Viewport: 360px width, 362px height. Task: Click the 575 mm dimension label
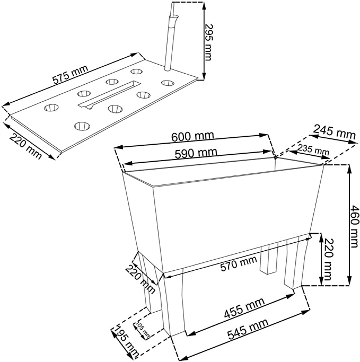70,74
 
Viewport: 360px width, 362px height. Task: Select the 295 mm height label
208,42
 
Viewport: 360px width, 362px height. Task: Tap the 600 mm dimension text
192,136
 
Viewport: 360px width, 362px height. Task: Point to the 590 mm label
196,154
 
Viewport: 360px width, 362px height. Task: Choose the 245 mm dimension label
334,132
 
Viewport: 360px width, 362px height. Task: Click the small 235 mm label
313,149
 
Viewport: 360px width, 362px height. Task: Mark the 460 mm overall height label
354,226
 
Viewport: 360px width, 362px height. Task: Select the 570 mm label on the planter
239,263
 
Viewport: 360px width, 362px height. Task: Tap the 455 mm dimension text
244,308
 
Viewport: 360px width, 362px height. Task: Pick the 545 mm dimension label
248,329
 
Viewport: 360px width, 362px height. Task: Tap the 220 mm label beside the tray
25,146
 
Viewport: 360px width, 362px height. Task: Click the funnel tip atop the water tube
174,17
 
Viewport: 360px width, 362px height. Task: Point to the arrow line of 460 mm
349,225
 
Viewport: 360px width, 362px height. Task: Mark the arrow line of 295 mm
204,41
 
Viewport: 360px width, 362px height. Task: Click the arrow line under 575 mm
71,80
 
